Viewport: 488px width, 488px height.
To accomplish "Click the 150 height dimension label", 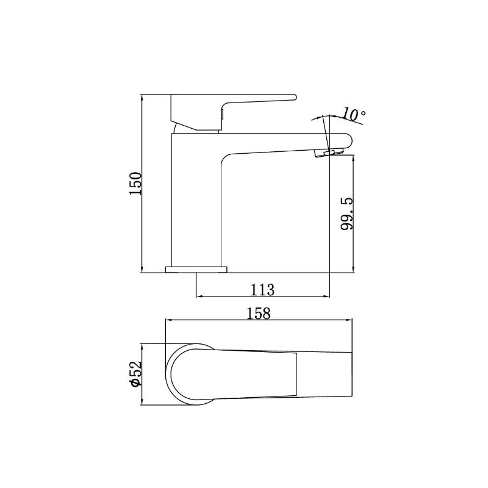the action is point(136,184).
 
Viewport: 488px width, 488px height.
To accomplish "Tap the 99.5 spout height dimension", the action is point(347,213).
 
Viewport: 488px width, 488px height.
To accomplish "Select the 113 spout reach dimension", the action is point(263,290).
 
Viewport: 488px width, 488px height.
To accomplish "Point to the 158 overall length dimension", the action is point(259,314).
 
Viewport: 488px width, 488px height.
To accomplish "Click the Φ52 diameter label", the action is point(136,373).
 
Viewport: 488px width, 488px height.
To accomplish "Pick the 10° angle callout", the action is point(354,115).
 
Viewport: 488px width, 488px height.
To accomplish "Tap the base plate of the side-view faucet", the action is point(196,270).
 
